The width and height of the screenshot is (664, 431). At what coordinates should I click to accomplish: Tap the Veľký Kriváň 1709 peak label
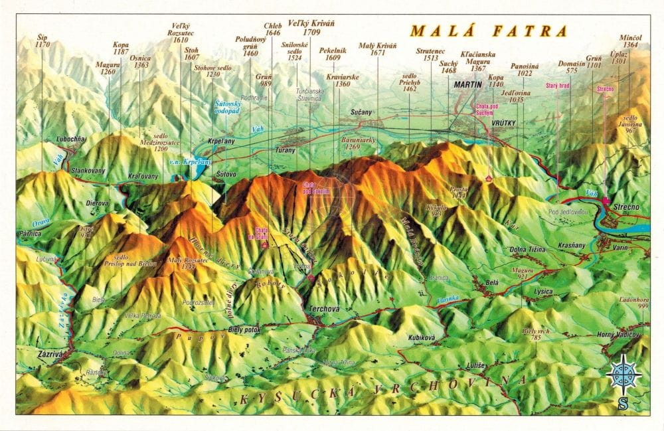[x=311, y=27]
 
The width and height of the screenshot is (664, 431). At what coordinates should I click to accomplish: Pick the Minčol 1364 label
[x=629, y=41]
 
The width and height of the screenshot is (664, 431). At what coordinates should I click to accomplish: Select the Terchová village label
[x=323, y=308]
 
